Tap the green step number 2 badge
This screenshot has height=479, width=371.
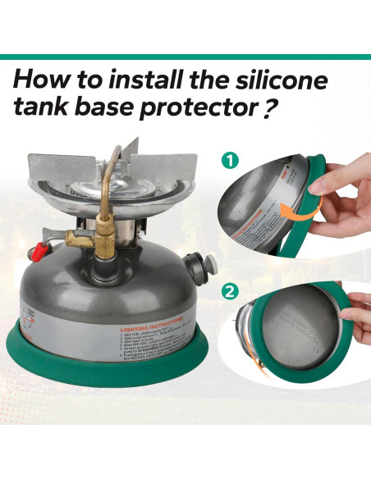pos(232,290)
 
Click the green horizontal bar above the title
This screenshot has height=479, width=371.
pos(185,57)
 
